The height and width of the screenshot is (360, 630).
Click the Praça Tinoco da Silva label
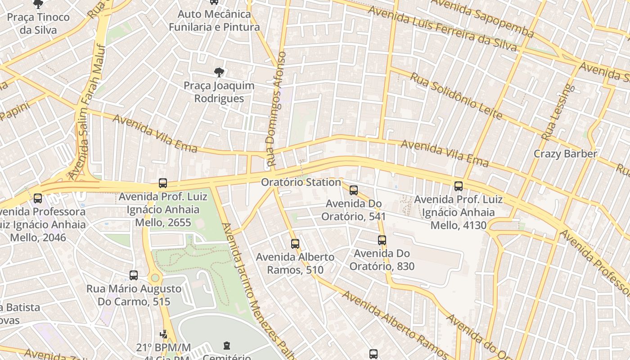(38, 23)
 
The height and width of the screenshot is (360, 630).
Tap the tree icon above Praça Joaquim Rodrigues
(219, 72)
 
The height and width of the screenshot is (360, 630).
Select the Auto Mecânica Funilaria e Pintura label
(214, 21)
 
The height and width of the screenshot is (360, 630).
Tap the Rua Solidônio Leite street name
(455, 95)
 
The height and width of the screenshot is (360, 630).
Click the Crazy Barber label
(565, 154)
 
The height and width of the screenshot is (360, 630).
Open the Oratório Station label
(301, 182)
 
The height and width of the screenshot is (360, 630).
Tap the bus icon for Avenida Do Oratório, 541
(354, 190)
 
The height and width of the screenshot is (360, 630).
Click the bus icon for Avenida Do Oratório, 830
(382, 240)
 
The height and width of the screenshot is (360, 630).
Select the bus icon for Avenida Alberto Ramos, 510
(295, 244)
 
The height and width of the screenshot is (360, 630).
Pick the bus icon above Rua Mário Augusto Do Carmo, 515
(134, 275)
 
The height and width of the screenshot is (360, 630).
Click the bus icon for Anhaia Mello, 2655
(163, 183)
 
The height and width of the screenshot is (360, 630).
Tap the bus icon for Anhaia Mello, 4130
(459, 186)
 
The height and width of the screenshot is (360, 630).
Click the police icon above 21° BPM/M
(164, 334)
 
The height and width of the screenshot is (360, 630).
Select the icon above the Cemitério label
(227, 346)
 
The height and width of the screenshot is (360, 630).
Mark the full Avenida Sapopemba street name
(482, 17)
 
